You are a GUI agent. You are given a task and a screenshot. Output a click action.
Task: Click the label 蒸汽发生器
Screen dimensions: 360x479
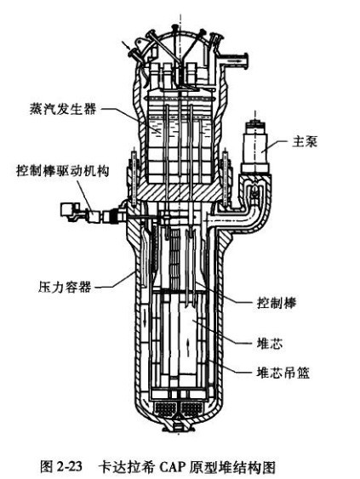63,109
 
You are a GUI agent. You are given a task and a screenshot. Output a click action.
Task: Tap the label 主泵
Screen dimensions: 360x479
305,142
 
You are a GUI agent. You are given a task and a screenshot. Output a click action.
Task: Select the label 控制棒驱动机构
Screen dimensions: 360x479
63,171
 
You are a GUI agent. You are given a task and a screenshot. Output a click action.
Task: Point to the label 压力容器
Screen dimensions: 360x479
65,288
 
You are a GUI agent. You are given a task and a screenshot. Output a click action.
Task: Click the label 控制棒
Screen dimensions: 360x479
277,303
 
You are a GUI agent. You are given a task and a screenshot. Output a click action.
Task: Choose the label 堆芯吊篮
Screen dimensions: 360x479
283,373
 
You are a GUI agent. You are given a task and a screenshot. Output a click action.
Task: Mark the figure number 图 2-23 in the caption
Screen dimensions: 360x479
61,466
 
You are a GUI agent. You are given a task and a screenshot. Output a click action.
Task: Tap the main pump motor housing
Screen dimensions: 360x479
255,149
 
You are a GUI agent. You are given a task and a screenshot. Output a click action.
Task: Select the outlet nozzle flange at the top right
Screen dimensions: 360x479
245,61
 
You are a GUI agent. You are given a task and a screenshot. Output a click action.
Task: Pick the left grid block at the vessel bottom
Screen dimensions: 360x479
165,408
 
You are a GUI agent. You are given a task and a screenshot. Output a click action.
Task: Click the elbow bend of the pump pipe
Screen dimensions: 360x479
258,218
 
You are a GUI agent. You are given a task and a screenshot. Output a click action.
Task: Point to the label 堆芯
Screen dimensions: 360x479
270,344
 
